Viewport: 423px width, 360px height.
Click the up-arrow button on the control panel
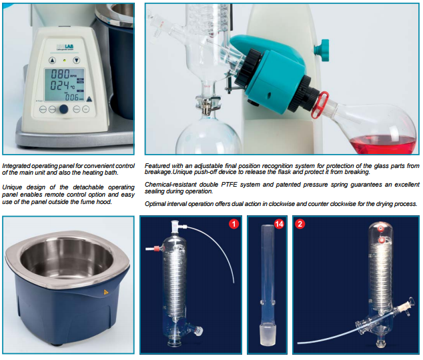click(x=52, y=61)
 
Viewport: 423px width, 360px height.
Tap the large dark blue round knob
click(x=63, y=109)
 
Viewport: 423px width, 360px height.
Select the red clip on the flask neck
click(x=320, y=105)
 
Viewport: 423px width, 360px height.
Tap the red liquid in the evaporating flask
click(x=384, y=144)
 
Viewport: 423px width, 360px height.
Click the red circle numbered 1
click(x=234, y=223)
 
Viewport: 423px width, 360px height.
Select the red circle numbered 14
click(x=279, y=223)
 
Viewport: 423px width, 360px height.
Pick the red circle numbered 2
click(x=300, y=223)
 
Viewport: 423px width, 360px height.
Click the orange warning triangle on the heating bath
click(x=105, y=292)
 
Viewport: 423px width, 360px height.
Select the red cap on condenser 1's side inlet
click(x=157, y=248)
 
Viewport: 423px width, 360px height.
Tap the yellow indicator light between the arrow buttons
click(x=65, y=61)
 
